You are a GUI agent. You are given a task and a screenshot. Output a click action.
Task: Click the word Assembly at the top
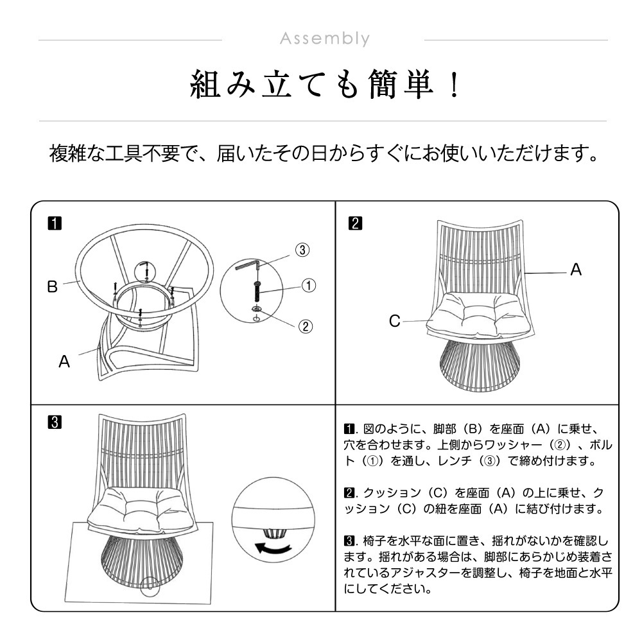(325, 39)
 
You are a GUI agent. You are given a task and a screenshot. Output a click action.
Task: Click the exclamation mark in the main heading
(454, 84)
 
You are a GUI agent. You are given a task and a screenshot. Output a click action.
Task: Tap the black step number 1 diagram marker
(55, 223)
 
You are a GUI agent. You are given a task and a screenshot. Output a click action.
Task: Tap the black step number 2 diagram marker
(355, 223)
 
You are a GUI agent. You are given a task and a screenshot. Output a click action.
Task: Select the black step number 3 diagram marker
(55, 422)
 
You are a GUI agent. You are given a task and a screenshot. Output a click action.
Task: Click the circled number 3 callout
(302, 250)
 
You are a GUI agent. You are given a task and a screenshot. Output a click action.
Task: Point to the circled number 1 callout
(309, 286)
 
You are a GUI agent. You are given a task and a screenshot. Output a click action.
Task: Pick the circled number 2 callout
(306, 326)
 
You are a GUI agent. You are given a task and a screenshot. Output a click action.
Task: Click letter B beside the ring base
(53, 286)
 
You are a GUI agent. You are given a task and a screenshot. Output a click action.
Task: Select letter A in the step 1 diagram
(64, 361)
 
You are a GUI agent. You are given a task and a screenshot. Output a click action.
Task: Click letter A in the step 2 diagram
(576, 270)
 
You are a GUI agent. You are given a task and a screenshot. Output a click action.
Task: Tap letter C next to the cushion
(395, 321)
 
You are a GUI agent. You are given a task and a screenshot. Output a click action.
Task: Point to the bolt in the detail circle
(257, 291)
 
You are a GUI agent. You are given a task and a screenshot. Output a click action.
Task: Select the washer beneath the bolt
(257, 308)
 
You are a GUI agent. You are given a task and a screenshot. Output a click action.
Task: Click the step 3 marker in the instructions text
(349, 541)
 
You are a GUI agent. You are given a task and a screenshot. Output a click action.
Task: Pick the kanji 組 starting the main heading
(205, 85)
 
